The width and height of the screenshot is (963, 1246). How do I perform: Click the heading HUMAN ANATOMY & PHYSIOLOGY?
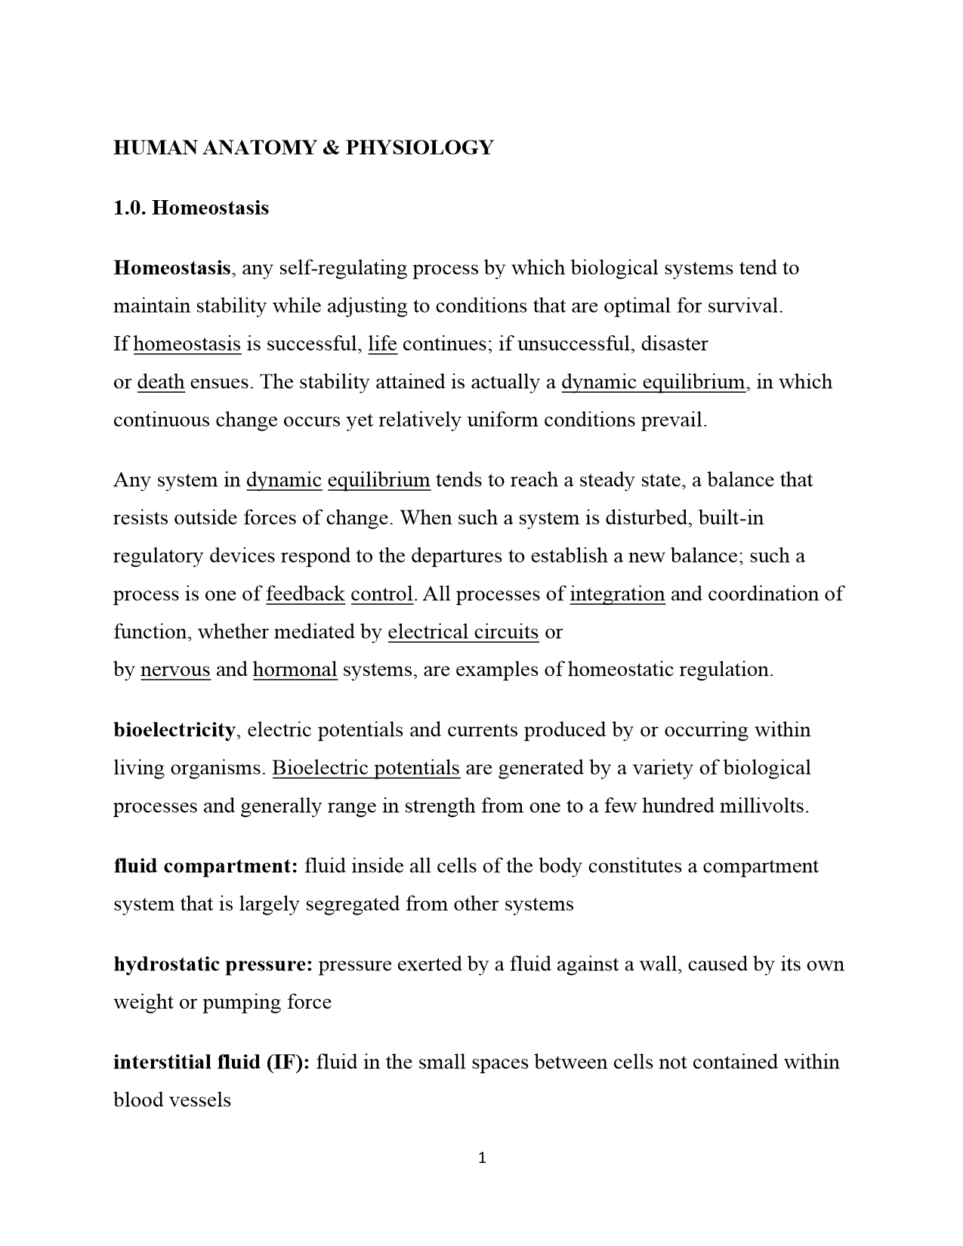point(303,147)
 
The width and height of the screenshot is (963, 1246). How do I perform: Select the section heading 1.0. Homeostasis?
point(191,208)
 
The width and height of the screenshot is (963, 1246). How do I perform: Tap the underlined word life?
point(382,344)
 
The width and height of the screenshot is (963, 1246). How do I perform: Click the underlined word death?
point(161,382)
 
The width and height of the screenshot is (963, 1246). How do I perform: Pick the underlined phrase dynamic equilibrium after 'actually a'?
point(653,382)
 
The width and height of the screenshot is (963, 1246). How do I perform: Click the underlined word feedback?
point(305,594)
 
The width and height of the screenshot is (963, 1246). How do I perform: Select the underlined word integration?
point(617,594)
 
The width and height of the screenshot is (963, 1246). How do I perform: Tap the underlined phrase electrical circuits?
point(463,632)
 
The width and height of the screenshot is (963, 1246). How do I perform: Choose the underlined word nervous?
point(175,670)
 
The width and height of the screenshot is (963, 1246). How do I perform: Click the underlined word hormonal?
point(295,670)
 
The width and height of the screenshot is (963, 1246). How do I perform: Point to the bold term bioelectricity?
point(174,730)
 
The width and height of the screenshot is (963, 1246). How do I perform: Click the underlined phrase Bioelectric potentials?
point(366,768)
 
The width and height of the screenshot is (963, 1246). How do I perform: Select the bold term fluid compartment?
point(206,866)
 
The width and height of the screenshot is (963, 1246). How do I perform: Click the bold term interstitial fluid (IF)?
point(211,1062)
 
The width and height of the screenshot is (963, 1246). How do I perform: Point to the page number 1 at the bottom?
point(482,1158)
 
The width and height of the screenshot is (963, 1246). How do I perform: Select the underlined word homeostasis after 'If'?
point(187,344)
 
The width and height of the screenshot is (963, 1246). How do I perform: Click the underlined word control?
point(382,594)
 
